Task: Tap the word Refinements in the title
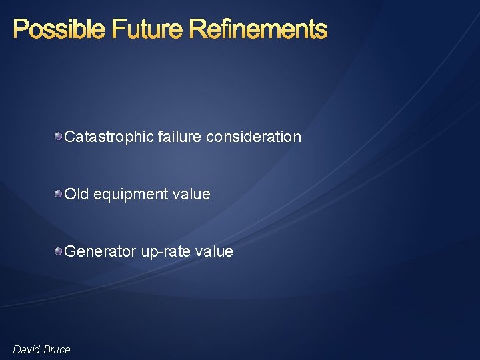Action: (x=259, y=29)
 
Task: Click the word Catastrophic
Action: (x=109, y=137)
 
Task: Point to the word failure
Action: (x=180, y=137)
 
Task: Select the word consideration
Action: (x=254, y=137)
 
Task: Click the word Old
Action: (x=77, y=194)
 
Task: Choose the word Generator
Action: (x=100, y=251)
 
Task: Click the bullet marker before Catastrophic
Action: (x=59, y=137)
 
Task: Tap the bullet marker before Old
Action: (x=59, y=194)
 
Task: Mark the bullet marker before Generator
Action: (x=59, y=251)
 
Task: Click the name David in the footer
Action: (x=27, y=349)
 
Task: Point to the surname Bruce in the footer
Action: (x=57, y=349)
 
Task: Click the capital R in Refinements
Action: (x=197, y=29)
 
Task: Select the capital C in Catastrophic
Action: (x=69, y=137)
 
